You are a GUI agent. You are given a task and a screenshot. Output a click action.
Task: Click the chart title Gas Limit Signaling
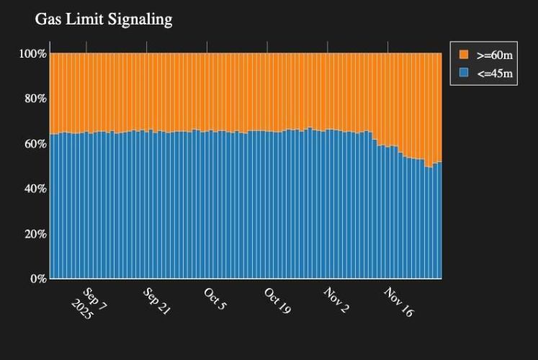(104, 19)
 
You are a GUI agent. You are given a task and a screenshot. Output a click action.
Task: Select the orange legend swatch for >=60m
(464, 55)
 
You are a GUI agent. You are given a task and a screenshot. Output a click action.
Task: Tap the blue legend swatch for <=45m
(464, 73)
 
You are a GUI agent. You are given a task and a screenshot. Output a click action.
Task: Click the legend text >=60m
(494, 55)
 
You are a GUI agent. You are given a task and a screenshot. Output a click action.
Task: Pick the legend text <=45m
(494, 73)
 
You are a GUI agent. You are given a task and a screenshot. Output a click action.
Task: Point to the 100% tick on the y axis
(33, 53)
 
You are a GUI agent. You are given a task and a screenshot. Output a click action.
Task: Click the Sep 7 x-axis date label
(95, 298)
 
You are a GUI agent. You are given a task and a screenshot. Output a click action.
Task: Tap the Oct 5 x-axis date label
(215, 298)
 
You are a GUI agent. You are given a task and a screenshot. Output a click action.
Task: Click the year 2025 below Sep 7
(82, 311)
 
